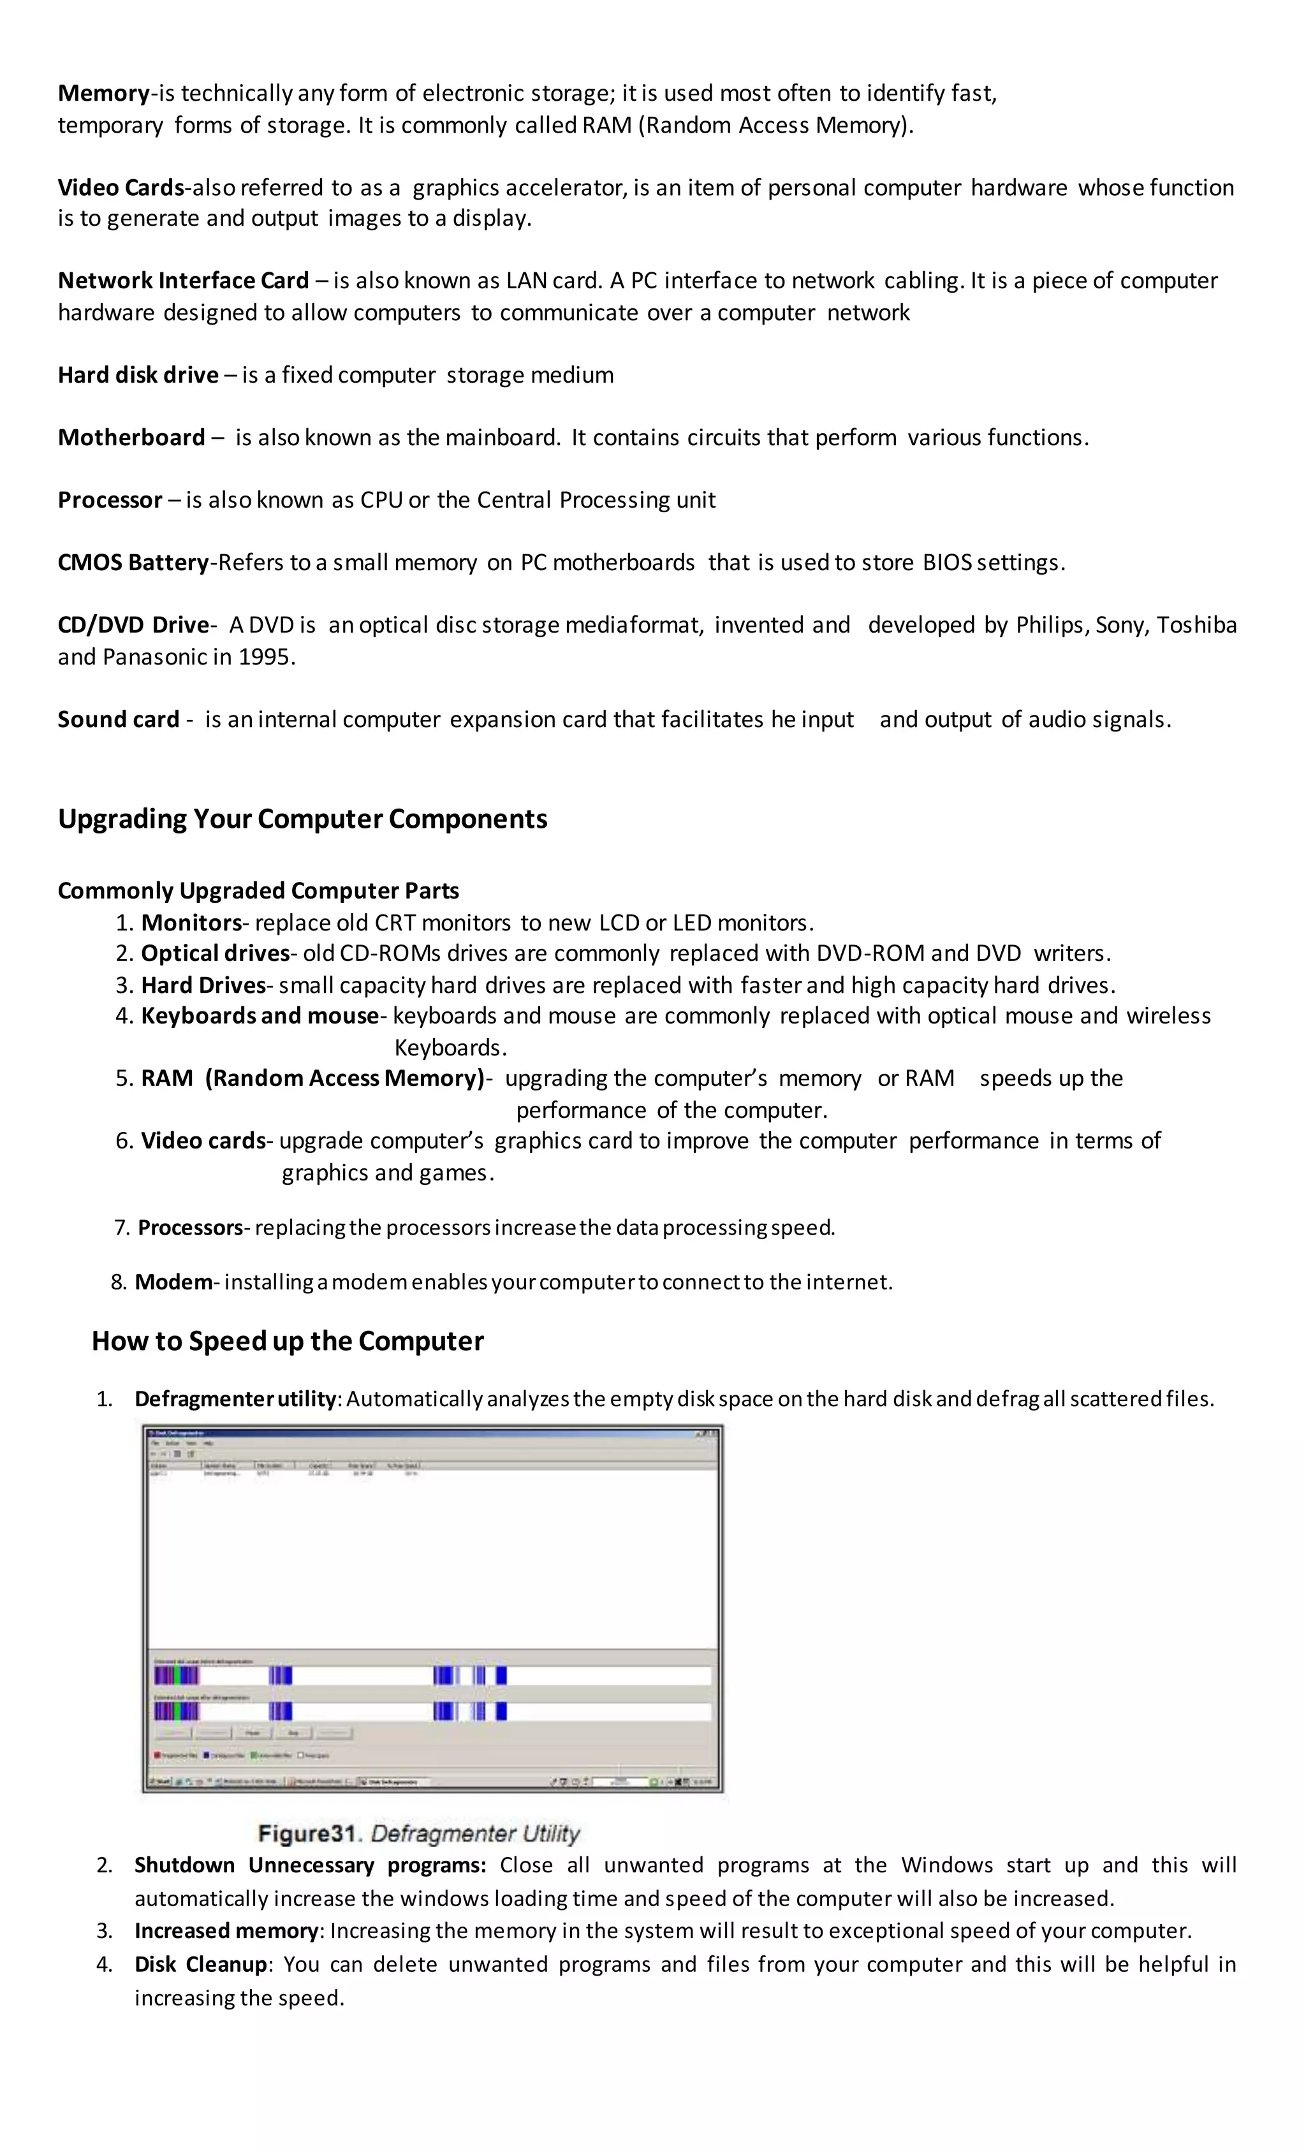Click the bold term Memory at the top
103,92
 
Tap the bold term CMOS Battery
133,562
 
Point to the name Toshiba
1196,625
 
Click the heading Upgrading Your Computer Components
302,819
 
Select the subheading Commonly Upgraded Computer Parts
258,890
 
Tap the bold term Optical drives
215,953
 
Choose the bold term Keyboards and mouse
260,1016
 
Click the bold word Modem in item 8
173,1282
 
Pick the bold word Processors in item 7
189,1228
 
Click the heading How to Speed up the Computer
287,1341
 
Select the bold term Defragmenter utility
234,1399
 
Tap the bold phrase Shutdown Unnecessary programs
309,1865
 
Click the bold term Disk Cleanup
200,1964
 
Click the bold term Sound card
118,719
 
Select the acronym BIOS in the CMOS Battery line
947,562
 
